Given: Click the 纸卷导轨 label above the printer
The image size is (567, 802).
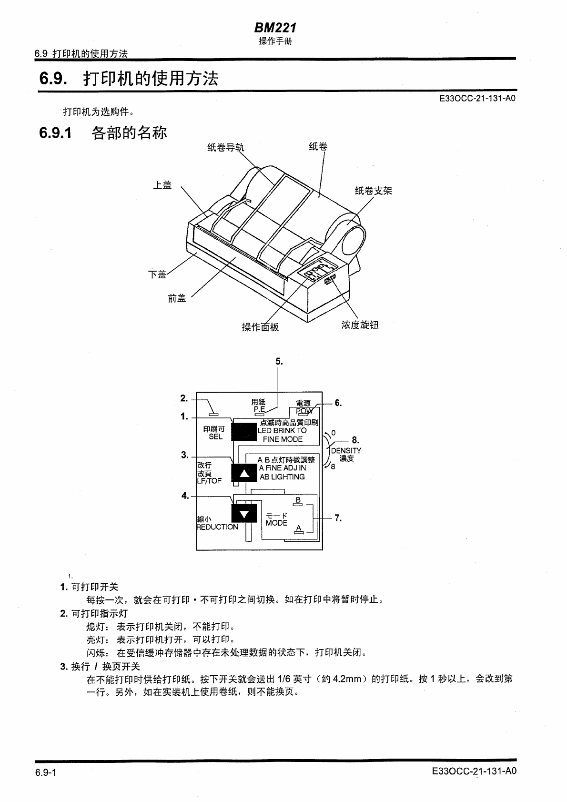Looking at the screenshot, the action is (225, 148).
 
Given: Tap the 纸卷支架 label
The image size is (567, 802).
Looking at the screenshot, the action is (374, 191).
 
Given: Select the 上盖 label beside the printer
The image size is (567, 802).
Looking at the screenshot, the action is (162, 185).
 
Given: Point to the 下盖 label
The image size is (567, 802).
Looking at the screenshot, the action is (157, 274).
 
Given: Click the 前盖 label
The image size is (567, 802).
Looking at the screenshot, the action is (177, 298).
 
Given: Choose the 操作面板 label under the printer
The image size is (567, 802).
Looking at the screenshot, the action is (260, 327).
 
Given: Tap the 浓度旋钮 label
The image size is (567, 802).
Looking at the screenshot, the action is (360, 325).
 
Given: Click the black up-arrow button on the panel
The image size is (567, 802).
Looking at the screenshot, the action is (244, 473).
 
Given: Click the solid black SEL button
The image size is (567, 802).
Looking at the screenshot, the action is (244, 432).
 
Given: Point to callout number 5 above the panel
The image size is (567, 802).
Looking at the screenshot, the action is (279, 362).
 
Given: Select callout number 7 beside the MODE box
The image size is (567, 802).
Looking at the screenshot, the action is (338, 518).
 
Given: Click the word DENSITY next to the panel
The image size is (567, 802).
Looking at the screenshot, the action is (346, 450).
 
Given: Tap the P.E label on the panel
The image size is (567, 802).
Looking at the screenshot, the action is (259, 409).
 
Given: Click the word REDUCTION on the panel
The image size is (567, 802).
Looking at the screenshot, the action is (217, 527).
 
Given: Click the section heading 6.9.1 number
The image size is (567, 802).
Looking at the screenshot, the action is (56, 133).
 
